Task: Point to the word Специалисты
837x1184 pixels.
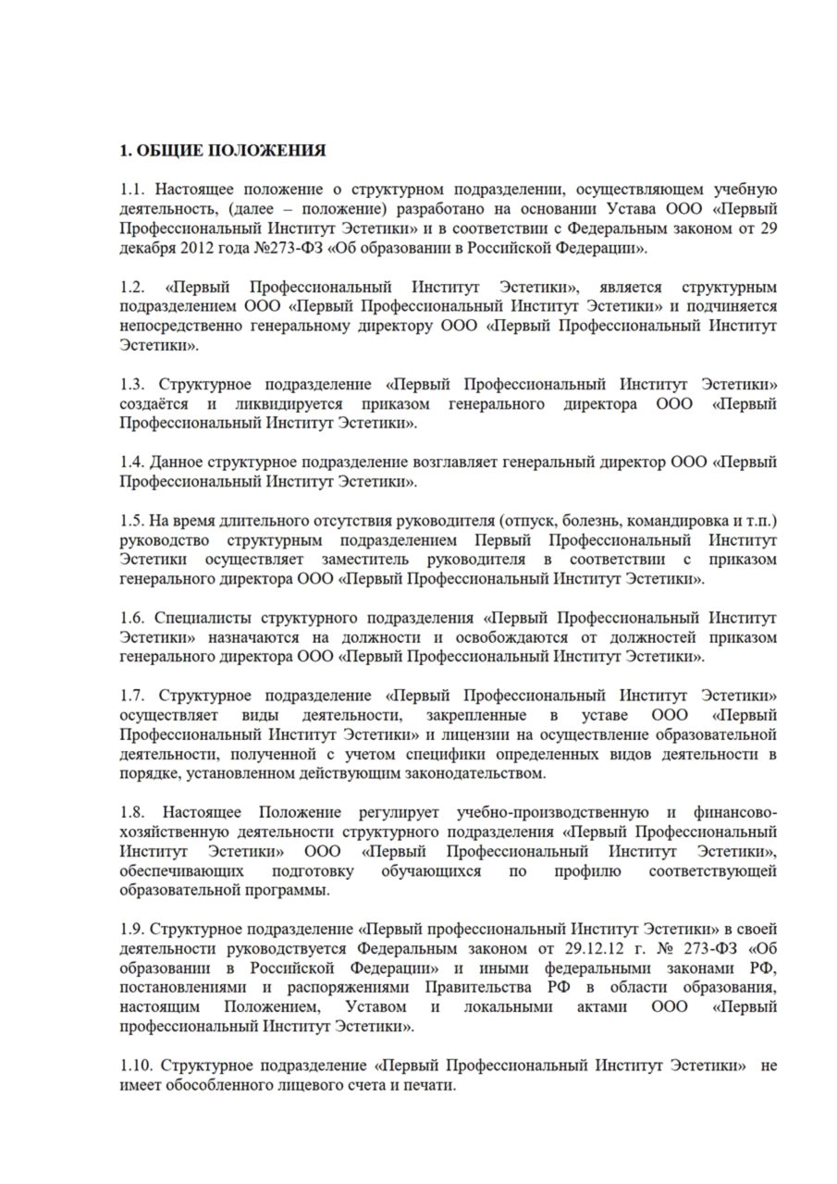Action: click(200, 618)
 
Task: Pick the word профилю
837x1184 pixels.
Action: click(590, 871)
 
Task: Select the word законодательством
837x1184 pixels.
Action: click(474, 772)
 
